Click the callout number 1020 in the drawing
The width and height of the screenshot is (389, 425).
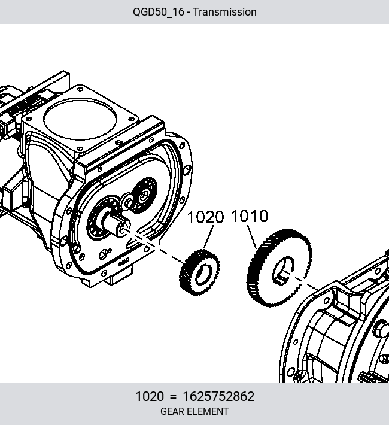[206, 217]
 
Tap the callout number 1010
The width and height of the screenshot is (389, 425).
[250, 216]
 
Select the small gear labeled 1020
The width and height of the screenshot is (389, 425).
[199, 272]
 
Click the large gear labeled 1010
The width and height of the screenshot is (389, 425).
[279, 268]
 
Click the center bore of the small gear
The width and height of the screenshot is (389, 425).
[203, 275]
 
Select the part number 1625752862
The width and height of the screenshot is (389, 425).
[218, 396]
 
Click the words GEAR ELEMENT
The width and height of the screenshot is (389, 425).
[194, 411]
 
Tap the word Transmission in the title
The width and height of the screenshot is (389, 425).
[224, 12]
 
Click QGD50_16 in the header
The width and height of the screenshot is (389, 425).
[159, 12]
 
